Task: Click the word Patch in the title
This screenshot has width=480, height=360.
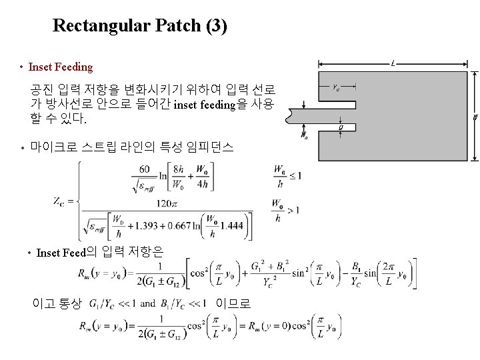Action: click(x=177, y=26)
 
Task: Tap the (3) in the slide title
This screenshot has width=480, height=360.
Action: click(x=217, y=26)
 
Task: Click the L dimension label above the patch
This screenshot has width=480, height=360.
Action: click(x=395, y=64)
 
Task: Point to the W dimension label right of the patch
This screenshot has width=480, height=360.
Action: click(x=475, y=116)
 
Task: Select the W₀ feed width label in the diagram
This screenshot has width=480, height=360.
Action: click(x=305, y=136)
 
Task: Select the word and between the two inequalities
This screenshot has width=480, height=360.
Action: click(x=149, y=304)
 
